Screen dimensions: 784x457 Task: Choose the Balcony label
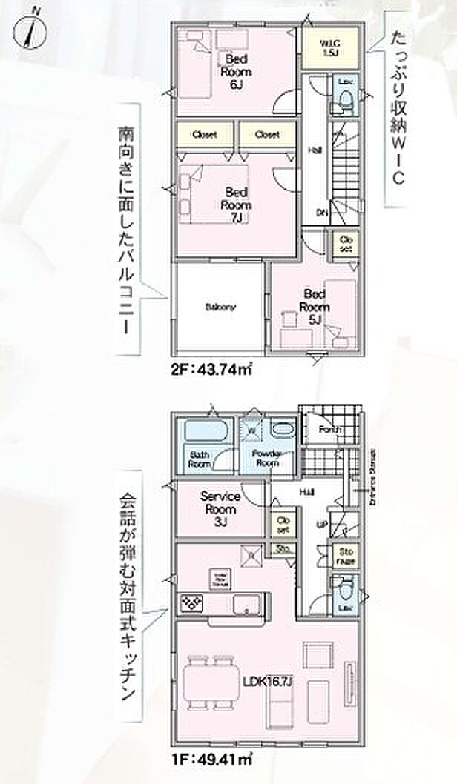pos(220,307)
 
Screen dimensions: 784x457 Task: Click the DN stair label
pos(322,213)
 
